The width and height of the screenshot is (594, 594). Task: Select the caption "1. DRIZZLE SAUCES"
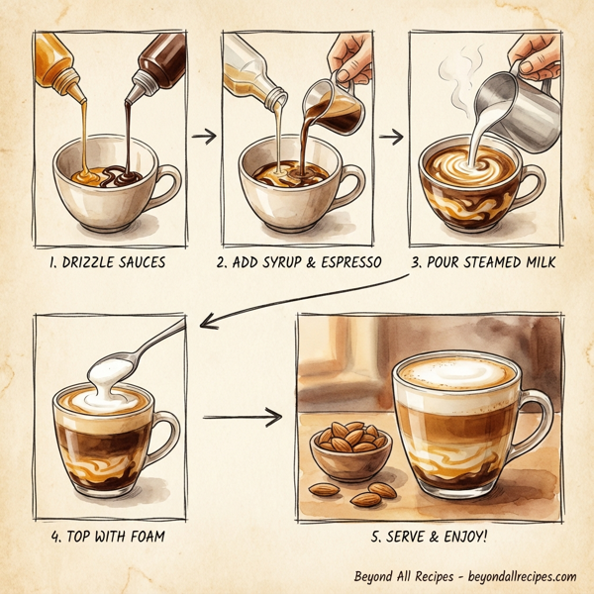[108, 263]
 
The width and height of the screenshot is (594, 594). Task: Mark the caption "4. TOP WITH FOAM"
[107, 537]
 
